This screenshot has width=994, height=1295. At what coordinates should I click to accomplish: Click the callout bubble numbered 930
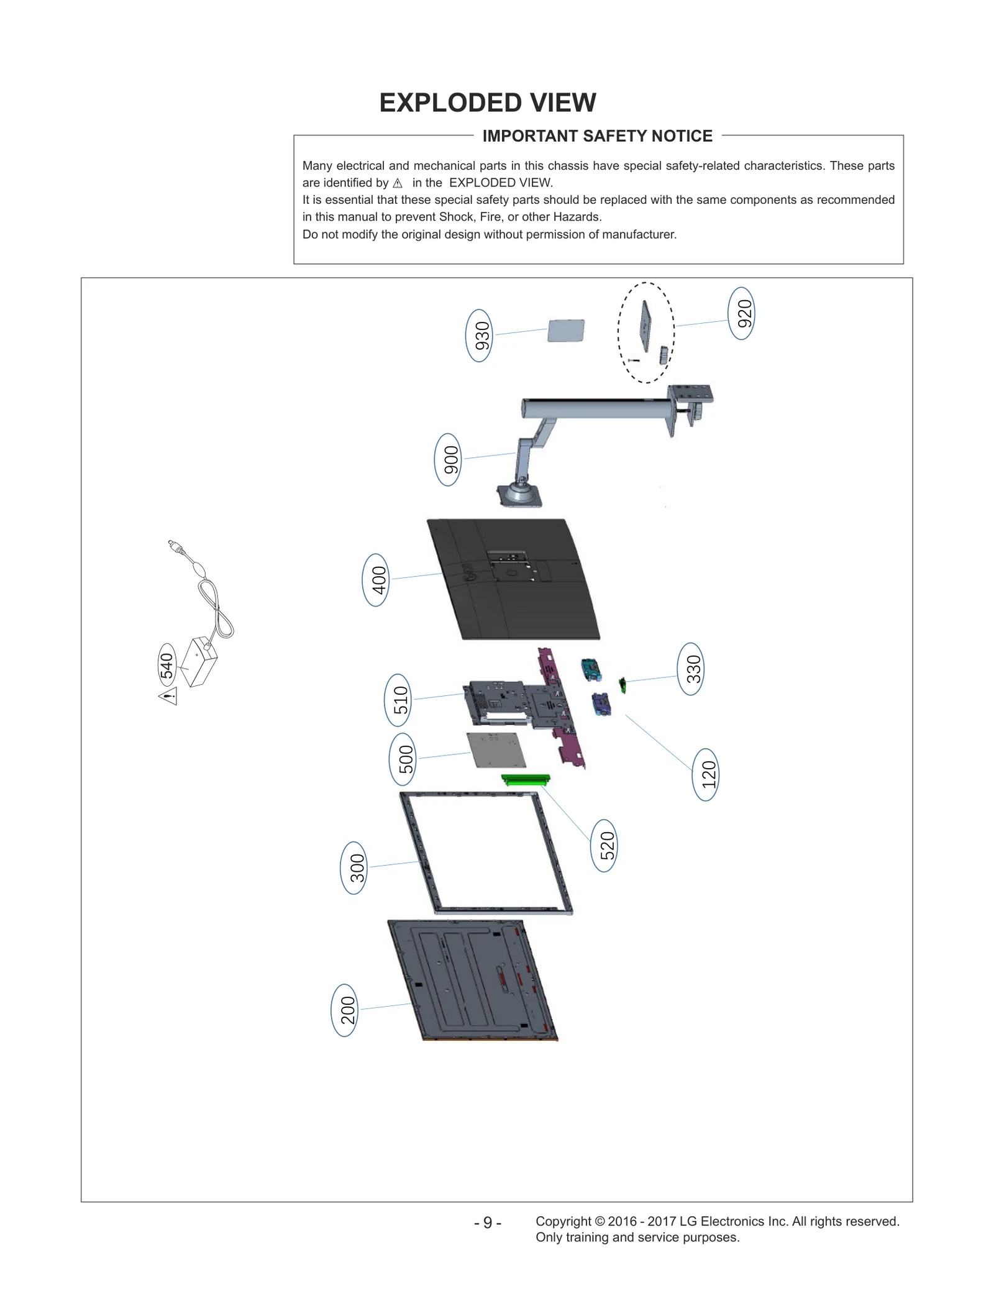(x=478, y=336)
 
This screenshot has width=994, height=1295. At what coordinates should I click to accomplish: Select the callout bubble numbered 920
(x=741, y=313)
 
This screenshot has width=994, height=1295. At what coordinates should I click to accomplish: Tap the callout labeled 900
(x=448, y=460)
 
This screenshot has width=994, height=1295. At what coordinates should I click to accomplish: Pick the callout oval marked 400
(x=375, y=580)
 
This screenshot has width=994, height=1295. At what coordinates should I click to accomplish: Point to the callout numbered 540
(x=166, y=666)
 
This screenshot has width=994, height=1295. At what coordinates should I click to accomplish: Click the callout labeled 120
(x=706, y=774)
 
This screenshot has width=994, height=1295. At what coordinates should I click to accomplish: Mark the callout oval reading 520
(x=604, y=846)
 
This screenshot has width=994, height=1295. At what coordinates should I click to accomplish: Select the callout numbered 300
(x=353, y=868)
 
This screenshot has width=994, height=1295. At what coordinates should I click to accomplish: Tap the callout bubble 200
(x=345, y=1010)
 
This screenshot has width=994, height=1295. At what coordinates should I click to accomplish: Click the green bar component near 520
(x=526, y=780)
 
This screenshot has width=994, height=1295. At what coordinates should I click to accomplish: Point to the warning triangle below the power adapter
(x=168, y=696)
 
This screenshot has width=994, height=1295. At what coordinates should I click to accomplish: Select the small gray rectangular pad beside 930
(x=566, y=330)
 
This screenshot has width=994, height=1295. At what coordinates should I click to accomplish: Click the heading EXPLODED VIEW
(x=488, y=103)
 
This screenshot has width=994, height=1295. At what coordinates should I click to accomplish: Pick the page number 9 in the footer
(x=488, y=1223)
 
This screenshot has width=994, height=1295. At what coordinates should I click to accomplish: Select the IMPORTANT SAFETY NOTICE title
(x=597, y=136)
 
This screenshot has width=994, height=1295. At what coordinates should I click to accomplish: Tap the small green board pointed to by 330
(x=622, y=685)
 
